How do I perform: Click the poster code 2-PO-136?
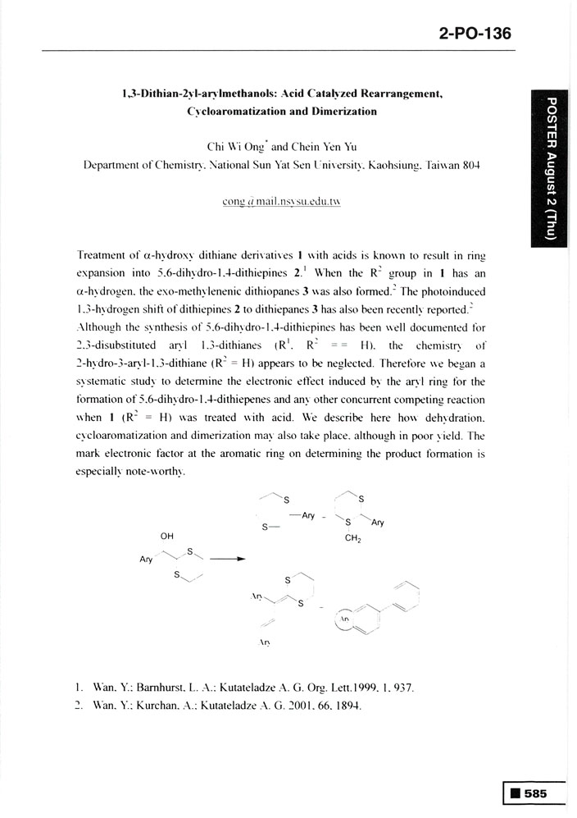(475, 34)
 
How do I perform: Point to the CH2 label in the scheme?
(354, 540)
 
